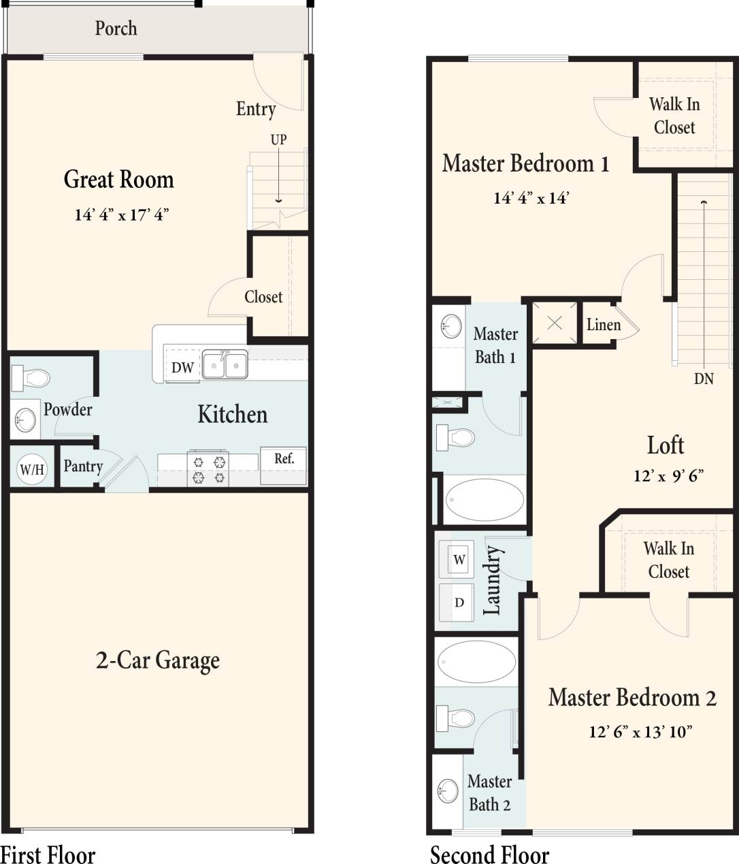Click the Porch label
click(x=116, y=29)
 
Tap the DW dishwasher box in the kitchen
click(x=182, y=368)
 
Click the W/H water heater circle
click(x=32, y=469)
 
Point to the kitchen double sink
click(x=225, y=365)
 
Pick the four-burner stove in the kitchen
click(x=208, y=469)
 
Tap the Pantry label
click(x=83, y=466)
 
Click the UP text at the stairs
click(x=278, y=140)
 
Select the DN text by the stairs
click(x=704, y=379)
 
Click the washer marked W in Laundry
click(x=459, y=560)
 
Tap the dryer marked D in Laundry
click(x=459, y=603)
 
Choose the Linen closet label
click(x=604, y=325)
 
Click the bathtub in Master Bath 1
click(x=485, y=500)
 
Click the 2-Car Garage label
click(x=158, y=660)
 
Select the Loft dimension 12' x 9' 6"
click(x=668, y=475)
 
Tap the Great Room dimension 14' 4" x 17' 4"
click(x=121, y=215)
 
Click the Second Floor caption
click(x=489, y=854)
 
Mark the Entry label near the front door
click(x=256, y=109)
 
